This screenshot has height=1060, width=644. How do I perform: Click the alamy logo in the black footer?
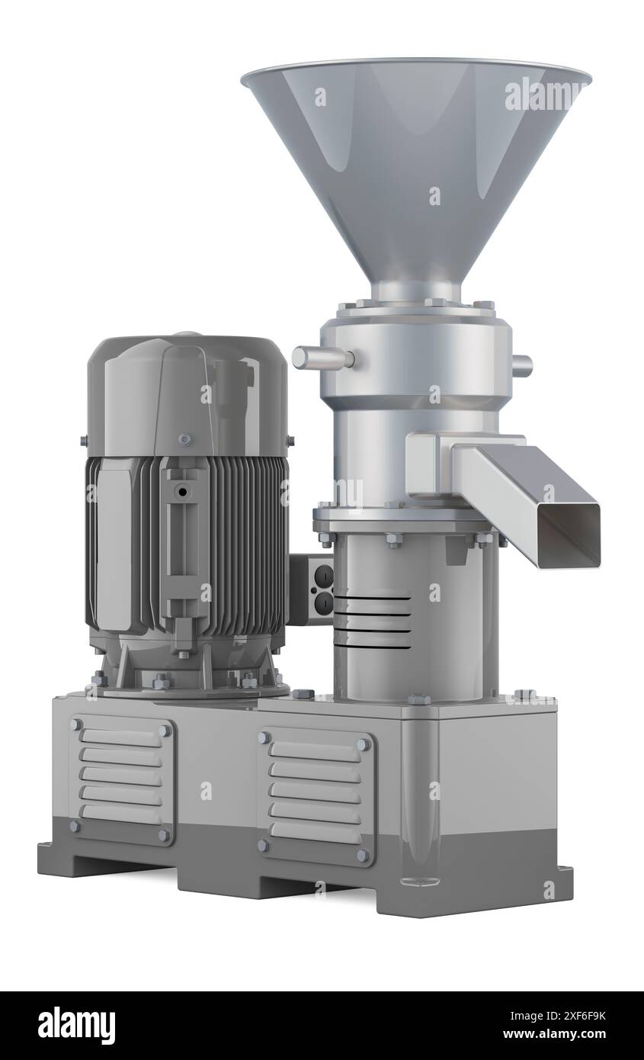coord(76,1026)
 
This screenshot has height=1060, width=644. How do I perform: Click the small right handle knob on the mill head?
coord(521,365)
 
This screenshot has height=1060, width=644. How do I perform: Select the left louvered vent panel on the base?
coord(122,779)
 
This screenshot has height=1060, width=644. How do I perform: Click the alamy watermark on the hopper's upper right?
coord(545,93)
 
